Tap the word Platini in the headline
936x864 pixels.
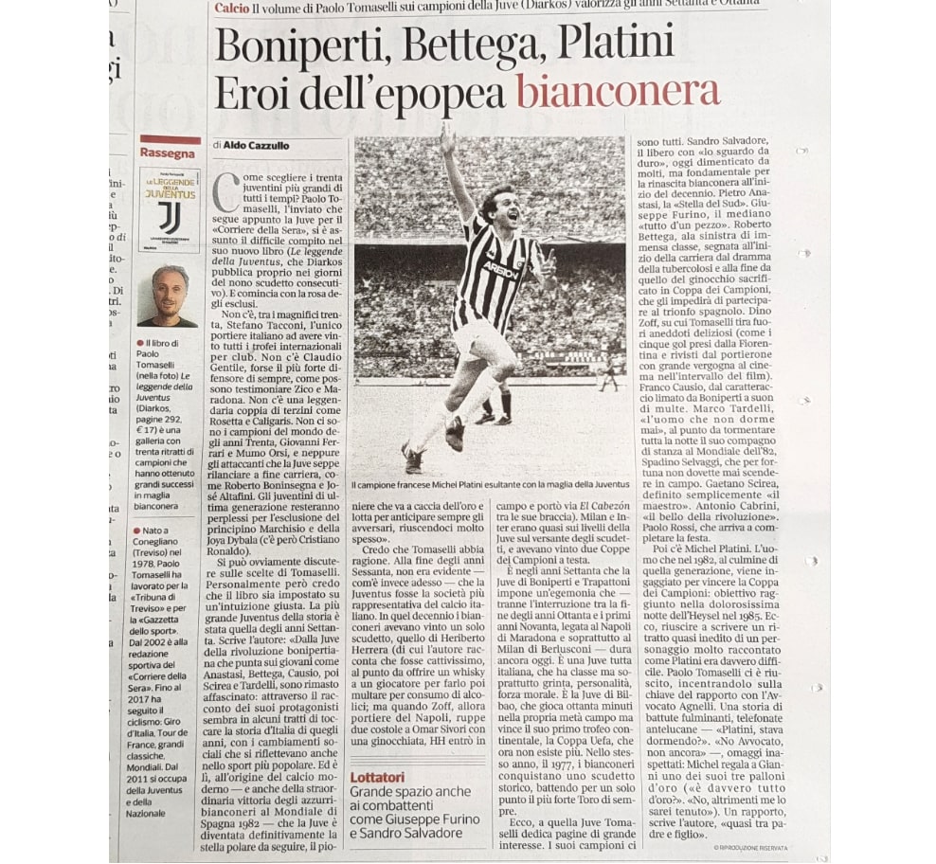coord(614,45)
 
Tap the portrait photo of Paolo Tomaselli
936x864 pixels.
coord(169,296)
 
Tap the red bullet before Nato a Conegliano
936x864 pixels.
coord(139,531)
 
